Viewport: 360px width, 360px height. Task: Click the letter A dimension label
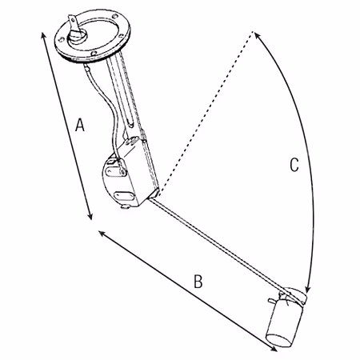80,125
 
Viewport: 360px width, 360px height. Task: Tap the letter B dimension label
198,281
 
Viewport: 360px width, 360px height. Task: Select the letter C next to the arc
294,165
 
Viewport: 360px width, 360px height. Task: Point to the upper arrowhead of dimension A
43,35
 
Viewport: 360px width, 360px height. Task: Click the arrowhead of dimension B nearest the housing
102,234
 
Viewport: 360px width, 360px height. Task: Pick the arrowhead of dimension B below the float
274,349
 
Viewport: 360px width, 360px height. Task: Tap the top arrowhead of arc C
257,35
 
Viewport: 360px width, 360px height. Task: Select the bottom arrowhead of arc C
308,290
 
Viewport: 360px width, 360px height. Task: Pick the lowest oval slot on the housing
122,196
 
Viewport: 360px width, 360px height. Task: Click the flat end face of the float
278,341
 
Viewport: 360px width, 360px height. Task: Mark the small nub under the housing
125,206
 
